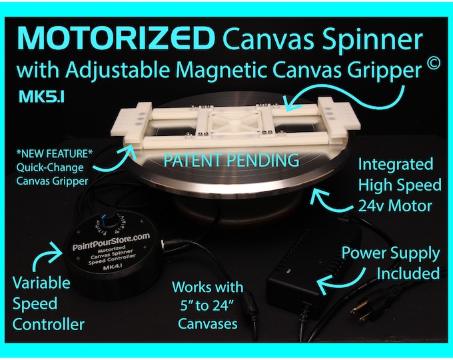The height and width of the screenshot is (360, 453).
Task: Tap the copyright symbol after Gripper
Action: point(432,63)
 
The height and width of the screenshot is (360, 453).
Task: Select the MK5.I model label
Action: point(41,97)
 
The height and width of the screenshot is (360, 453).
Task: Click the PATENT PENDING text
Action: point(231,160)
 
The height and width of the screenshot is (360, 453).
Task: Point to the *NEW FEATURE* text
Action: point(55,154)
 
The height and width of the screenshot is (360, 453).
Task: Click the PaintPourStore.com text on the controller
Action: point(111,241)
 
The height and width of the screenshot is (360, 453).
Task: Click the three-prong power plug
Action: point(361,310)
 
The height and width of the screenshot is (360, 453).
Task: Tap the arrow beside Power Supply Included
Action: point(340,279)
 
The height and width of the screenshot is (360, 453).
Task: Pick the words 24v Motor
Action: point(395,206)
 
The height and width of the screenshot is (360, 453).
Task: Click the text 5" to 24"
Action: point(207,305)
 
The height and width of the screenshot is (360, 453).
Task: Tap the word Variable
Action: point(41,283)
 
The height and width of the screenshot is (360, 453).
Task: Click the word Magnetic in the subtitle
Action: point(222,70)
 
